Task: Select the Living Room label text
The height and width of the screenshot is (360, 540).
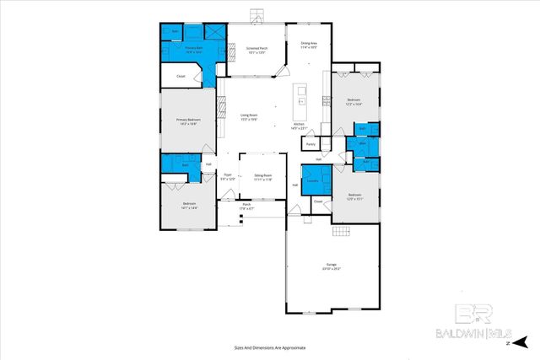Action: coord(248,116)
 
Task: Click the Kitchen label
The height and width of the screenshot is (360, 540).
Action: coord(299,126)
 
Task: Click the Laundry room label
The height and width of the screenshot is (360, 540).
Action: coord(311,180)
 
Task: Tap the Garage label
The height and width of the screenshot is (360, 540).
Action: coord(332,266)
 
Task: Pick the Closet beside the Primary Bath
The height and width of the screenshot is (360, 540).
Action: coord(181,78)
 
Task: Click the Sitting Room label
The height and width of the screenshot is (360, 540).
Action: coord(262,176)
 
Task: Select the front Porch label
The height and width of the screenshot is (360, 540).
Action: coord(246,206)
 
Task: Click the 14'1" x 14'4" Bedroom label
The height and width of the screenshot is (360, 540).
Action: coord(189,205)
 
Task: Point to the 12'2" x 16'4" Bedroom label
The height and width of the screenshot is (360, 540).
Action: coord(354,102)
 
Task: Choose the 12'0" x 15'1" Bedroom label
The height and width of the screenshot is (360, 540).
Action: coord(355,197)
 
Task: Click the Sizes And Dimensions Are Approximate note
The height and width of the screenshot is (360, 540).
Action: coord(269,347)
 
